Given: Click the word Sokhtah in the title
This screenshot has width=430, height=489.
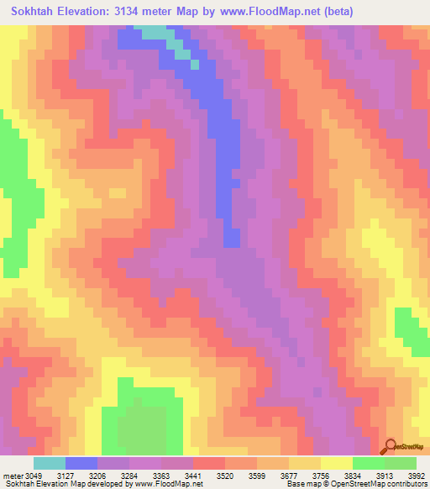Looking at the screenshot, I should coord(36,12).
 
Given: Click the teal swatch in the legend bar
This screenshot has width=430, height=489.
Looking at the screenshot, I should coord(49,463).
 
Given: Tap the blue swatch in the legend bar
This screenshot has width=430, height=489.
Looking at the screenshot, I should coord(81,463).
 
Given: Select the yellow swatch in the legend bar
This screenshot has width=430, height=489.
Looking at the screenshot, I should coord(336,463).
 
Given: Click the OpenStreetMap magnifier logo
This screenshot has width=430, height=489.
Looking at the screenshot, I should coord(390,446).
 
